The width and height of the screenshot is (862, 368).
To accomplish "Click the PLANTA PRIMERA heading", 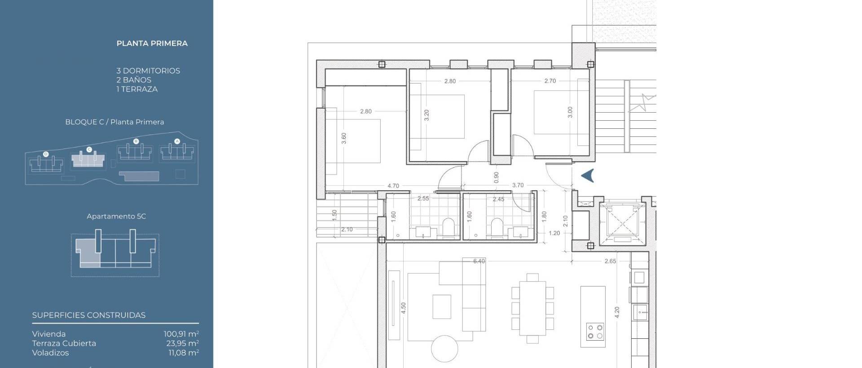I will click(152, 44).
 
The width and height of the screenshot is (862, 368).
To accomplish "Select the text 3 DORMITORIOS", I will click(148, 71).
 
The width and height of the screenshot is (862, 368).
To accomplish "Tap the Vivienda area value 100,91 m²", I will click(181, 334).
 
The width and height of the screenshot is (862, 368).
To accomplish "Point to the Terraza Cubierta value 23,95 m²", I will click(182, 343).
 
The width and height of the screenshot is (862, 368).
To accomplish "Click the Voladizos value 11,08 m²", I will click(184, 353).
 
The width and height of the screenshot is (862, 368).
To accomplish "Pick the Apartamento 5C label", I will click(116, 216).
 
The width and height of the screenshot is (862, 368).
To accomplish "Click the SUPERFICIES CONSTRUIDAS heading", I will click(89, 315).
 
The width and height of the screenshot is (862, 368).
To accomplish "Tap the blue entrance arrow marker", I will click(588, 175).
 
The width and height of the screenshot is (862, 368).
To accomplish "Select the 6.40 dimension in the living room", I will click(479, 261).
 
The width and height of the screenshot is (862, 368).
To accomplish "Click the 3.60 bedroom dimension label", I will click(344, 138).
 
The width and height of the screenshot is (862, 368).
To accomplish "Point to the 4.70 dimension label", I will click(393, 186).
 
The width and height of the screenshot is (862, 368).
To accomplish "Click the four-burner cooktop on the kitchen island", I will click(595, 331).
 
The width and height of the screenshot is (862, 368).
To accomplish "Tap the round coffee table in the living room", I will click(444, 348).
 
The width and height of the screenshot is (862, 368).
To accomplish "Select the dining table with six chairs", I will click(532, 308).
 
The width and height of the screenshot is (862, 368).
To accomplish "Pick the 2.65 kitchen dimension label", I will click(610, 261).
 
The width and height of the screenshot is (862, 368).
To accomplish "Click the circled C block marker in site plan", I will click(89, 149).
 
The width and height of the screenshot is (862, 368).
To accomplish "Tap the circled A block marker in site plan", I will click(177, 141).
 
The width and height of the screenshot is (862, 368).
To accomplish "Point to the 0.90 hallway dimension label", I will click(496, 177).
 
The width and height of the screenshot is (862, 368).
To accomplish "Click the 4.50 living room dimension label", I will click(403, 308).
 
